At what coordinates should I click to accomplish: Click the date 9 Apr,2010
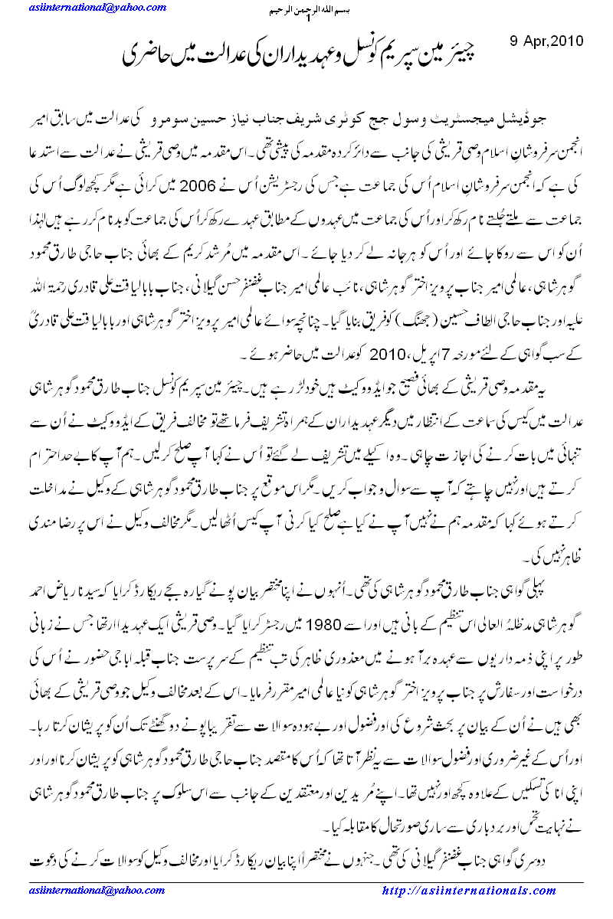coord(546,39)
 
